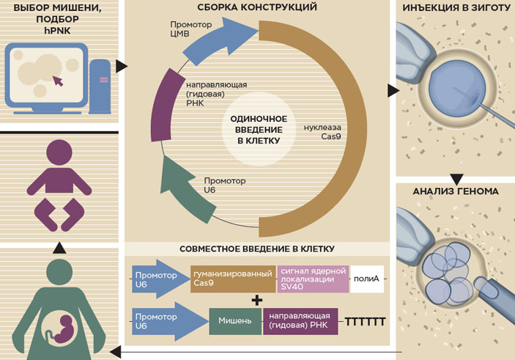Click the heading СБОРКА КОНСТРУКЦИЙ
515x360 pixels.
pyautogui.click(x=258, y=9)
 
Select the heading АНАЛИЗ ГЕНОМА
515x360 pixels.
pyautogui.click(x=455, y=191)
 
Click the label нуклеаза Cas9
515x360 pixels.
pyautogui.click(x=322, y=131)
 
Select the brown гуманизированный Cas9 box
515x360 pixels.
pyautogui.click(x=233, y=279)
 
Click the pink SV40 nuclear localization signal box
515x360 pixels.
pyautogui.click(x=313, y=279)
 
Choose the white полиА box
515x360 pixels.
pyautogui.click(x=367, y=279)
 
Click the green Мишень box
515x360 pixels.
pyautogui.click(x=235, y=321)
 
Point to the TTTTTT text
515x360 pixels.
pyautogui.click(x=364, y=321)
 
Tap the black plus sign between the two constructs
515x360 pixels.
pyautogui.click(x=256, y=301)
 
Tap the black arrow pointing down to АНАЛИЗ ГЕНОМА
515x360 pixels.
pyautogui.click(x=456, y=178)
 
